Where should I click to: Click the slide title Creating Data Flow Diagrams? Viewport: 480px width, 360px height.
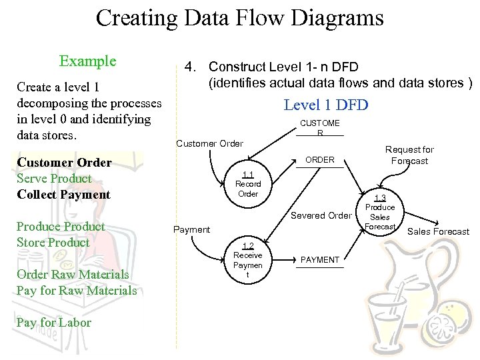239,17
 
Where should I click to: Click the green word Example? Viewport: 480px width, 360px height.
87,61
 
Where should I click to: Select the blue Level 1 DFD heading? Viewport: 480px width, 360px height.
325,105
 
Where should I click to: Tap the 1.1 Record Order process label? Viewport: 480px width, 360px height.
248,184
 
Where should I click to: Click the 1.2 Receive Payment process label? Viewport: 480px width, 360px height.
247,260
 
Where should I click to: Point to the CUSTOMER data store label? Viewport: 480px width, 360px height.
320,127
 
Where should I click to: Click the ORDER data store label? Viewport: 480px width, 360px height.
320,160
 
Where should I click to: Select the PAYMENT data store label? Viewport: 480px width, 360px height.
320,259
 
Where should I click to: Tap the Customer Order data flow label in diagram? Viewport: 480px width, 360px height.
209,143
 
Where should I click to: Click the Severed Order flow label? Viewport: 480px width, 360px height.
321,215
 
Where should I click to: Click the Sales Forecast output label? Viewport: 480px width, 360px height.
438,232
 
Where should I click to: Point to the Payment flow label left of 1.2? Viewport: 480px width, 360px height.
191,229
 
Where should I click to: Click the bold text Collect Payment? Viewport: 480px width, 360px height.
63,195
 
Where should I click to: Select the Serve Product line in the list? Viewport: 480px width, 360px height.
55,179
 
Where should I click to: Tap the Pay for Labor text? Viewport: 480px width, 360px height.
54,323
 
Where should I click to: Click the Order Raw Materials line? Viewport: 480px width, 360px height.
73,275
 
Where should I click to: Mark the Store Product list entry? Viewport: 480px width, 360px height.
53,243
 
